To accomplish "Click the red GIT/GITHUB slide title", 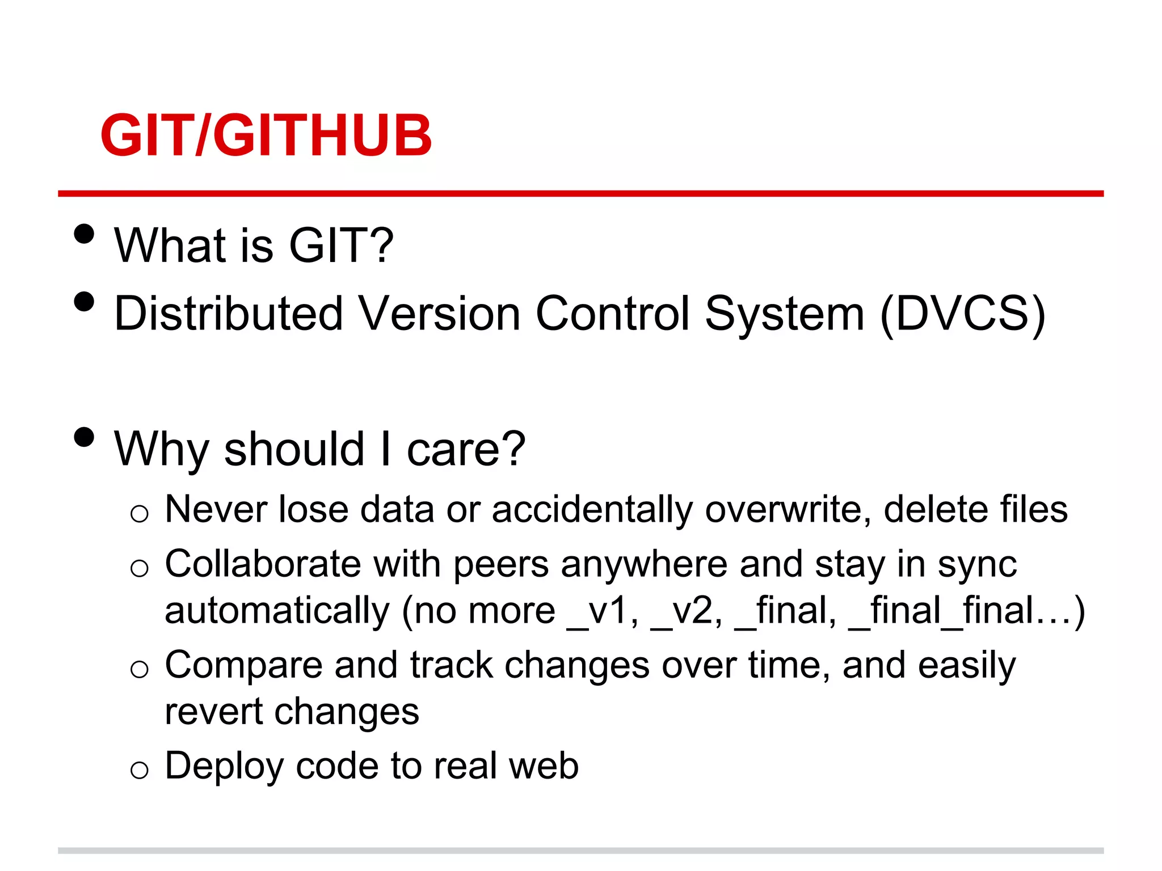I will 266,136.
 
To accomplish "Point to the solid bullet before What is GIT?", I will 84,234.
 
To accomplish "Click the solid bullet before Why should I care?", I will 84,437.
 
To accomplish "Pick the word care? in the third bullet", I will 466,449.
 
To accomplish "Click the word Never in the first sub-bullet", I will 215,509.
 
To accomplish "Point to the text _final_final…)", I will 966,611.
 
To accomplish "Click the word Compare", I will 243,665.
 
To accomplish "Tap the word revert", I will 213,711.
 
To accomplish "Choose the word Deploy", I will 224,766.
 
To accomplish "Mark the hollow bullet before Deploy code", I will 139,770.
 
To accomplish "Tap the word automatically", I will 277,611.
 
